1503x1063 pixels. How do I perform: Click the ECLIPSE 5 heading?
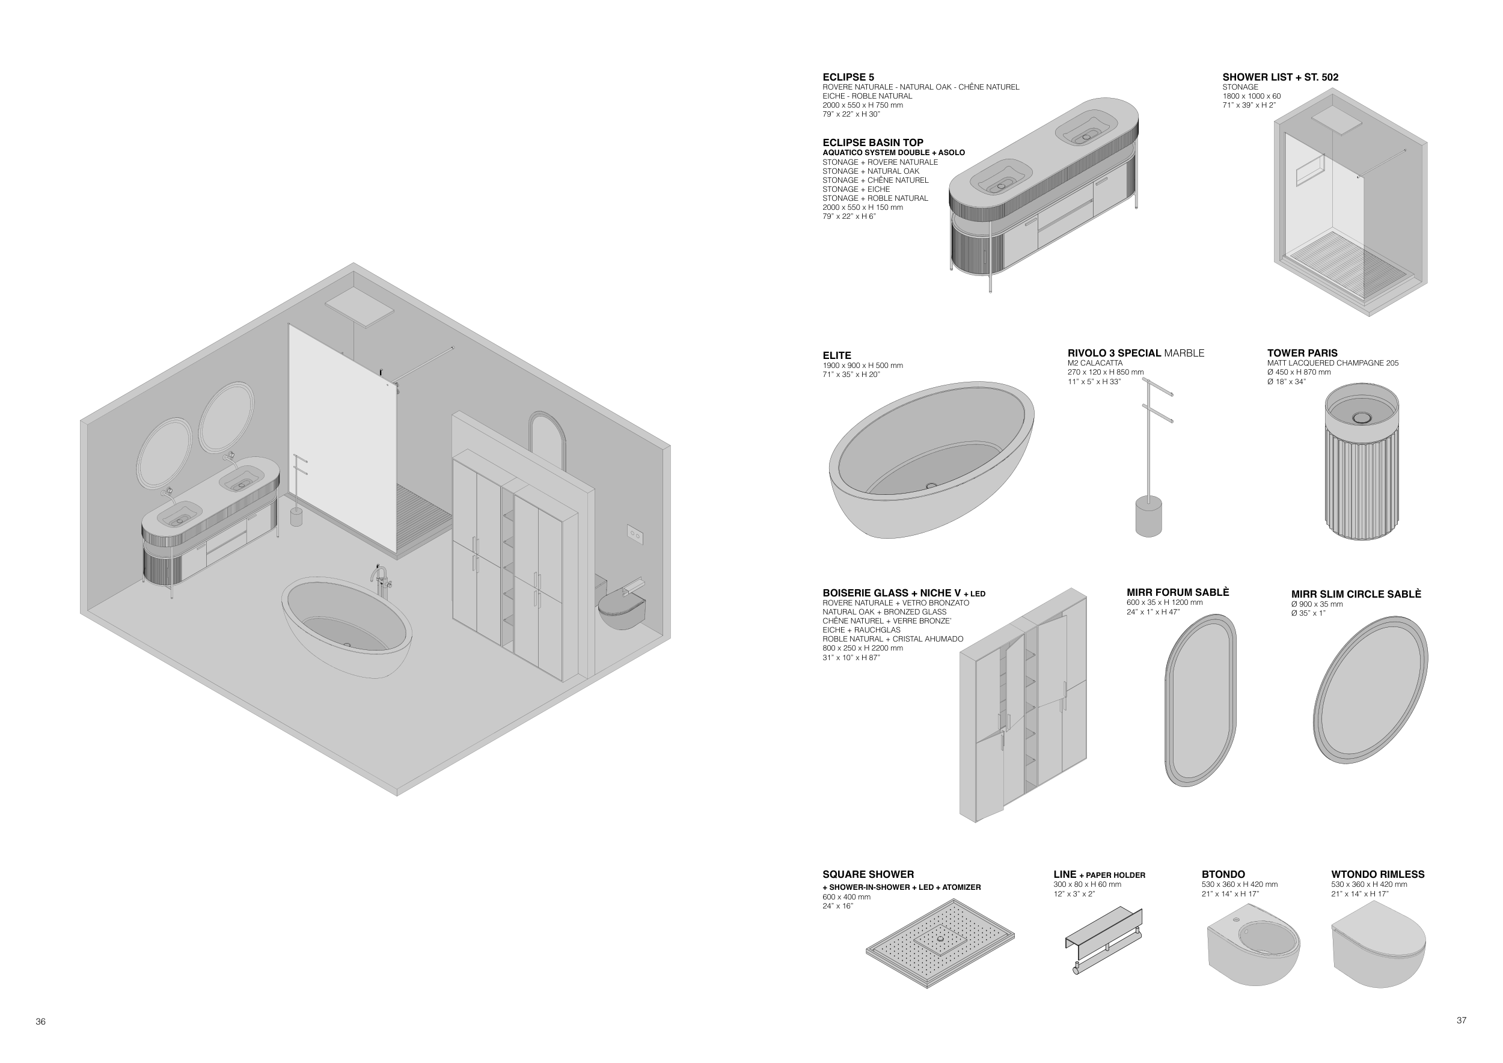848,77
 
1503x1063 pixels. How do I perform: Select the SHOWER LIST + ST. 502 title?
1281,77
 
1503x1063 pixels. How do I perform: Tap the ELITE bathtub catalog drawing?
931,459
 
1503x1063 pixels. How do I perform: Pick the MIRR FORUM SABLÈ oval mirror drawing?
1201,700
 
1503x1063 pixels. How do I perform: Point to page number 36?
41,1022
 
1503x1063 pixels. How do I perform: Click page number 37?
1461,1020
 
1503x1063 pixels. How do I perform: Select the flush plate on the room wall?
635,535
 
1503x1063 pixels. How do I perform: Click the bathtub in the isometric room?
347,626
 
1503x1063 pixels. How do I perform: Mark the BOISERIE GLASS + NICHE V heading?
904,593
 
